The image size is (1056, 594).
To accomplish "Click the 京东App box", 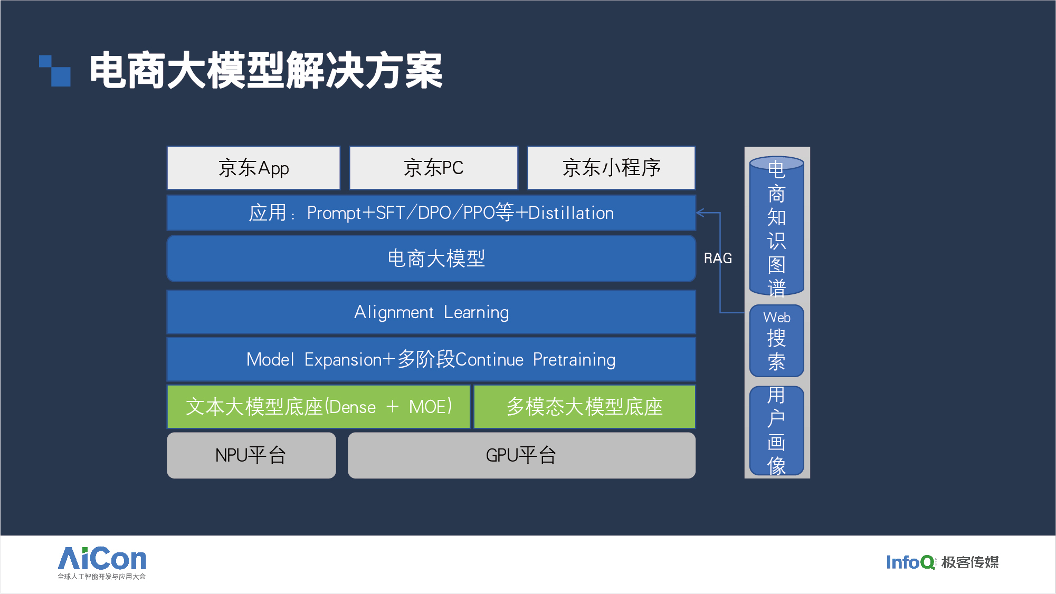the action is (253, 168).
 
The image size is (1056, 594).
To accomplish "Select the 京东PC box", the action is (433, 168).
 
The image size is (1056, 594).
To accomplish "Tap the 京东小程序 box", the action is (611, 168).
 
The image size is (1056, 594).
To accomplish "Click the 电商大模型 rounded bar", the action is (431, 258).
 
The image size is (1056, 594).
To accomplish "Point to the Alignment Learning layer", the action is (431, 312).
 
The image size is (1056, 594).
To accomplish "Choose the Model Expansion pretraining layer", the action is (431, 359).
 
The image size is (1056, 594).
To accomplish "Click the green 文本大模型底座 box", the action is (318, 407).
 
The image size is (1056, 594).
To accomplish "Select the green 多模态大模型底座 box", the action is (585, 407).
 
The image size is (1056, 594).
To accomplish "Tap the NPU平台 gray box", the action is (251, 455).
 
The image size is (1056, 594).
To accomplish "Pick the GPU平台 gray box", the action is (521, 455).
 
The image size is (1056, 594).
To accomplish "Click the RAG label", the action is (718, 258).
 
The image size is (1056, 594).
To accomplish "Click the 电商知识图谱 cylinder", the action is (777, 226).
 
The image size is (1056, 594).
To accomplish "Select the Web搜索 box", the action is (777, 341).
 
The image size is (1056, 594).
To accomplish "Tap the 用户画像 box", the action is (777, 430).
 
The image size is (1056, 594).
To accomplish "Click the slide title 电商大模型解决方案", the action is (266, 70).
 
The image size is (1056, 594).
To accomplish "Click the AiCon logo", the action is (102, 563).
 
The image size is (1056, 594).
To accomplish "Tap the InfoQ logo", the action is (942, 562).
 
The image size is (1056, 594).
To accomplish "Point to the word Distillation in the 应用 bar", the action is (571, 213).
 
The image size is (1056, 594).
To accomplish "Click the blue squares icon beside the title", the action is (55, 71).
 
